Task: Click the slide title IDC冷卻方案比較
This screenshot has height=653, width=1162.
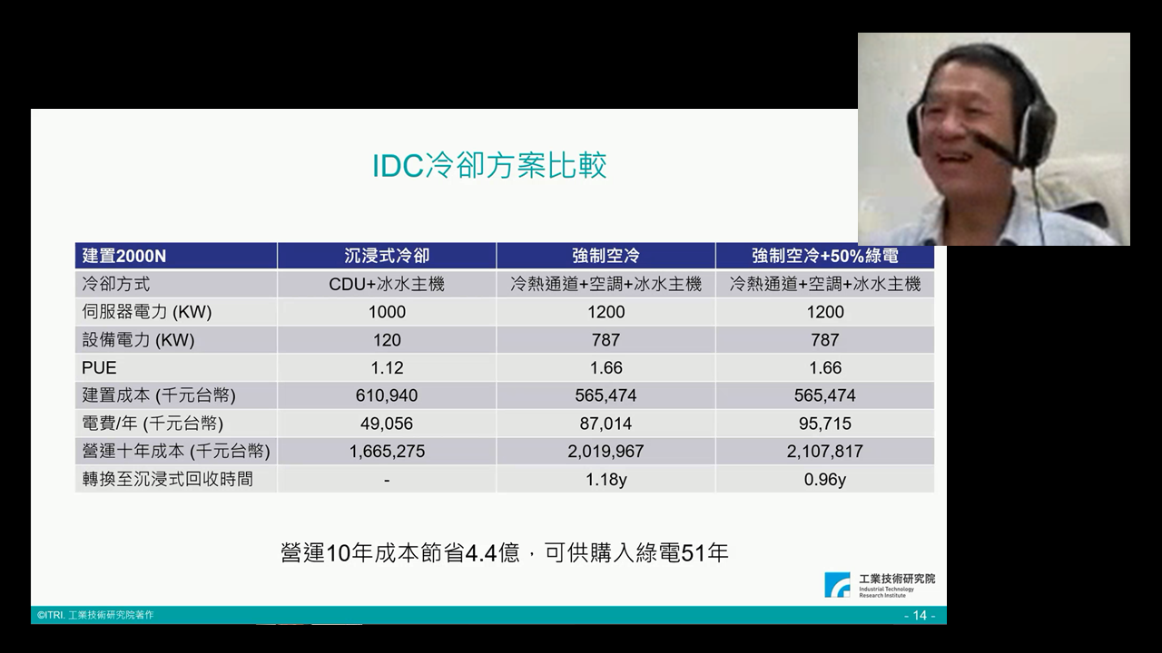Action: coord(489,165)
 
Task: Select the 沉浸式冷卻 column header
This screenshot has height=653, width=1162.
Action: coord(387,256)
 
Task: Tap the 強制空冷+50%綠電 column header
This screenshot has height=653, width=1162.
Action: coord(825,256)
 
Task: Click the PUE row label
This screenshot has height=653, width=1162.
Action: coord(99,367)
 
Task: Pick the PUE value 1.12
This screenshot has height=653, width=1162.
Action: coord(387,367)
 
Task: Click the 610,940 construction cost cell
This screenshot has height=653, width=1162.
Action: coord(387,395)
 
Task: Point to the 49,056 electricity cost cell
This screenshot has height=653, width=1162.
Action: coord(387,424)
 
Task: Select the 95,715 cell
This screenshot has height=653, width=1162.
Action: coord(825,424)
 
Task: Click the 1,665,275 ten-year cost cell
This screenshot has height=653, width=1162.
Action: coord(387,451)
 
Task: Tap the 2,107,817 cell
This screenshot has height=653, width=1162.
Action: coord(825,451)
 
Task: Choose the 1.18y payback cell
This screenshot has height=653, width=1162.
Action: coord(606,480)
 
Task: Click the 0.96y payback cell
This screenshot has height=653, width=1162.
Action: coord(825,480)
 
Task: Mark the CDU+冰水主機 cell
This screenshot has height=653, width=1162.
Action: coord(387,284)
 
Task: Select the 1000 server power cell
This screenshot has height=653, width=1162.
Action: coord(387,311)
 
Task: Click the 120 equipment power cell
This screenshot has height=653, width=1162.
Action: coord(387,339)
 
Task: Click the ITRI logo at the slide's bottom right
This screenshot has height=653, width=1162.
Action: coord(880,585)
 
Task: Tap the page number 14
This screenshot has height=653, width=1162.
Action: coord(920,615)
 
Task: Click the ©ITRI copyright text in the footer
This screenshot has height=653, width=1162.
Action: coord(95,615)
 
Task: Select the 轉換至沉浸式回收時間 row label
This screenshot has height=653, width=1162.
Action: coord(168,479)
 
